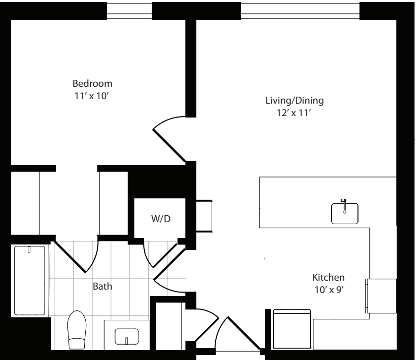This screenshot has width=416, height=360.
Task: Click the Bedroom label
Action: pyautogui.click(x=92, y=84)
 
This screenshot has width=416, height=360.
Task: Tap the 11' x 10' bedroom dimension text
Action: pyautogui.click(x=92, y=96)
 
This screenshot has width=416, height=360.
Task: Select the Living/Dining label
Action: pyautogui.click(x=295, y=101)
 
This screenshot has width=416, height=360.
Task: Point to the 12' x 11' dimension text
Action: pyautogui.click(x=294, y=113)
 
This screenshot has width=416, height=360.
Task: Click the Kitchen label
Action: pyautogui.click(x=328, y=278)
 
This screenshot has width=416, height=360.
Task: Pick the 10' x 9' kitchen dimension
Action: pyautogui.click(x=329, y=290)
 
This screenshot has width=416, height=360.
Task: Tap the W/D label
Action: pyautogui.click(x=161, y=219)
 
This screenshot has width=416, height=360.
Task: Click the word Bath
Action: pyautogui.click(x=103, y=287)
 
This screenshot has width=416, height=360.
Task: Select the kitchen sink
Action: pyautogui.click(x=345, y=213)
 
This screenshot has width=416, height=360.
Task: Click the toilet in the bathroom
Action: pyautogui.click(x=77, y=330)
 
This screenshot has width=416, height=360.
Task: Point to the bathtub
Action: pyautogui.click(x=30, y=280)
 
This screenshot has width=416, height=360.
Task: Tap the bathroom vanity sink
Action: pyautogui.click(x=126, y=337)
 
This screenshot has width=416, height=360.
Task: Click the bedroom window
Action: pyautogui.click(x=129, y=11)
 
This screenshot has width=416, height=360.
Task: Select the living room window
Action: pyautogui.click(x=300, y=11)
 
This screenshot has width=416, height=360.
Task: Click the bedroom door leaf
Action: pyautogui.click(x=169, y=145)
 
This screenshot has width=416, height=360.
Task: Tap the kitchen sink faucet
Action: pyautogui.click(x=344, y=206)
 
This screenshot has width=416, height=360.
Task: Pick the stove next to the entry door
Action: pyautogui.click(x=292, y=329)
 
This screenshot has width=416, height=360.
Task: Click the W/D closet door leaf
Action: pyautogui.click(x=165, y=255)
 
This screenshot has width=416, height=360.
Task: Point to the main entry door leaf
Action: pyautogui.click(x=244, y=333)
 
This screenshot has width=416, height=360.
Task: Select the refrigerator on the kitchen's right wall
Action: pyautogui.click(x=381, y=296)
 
